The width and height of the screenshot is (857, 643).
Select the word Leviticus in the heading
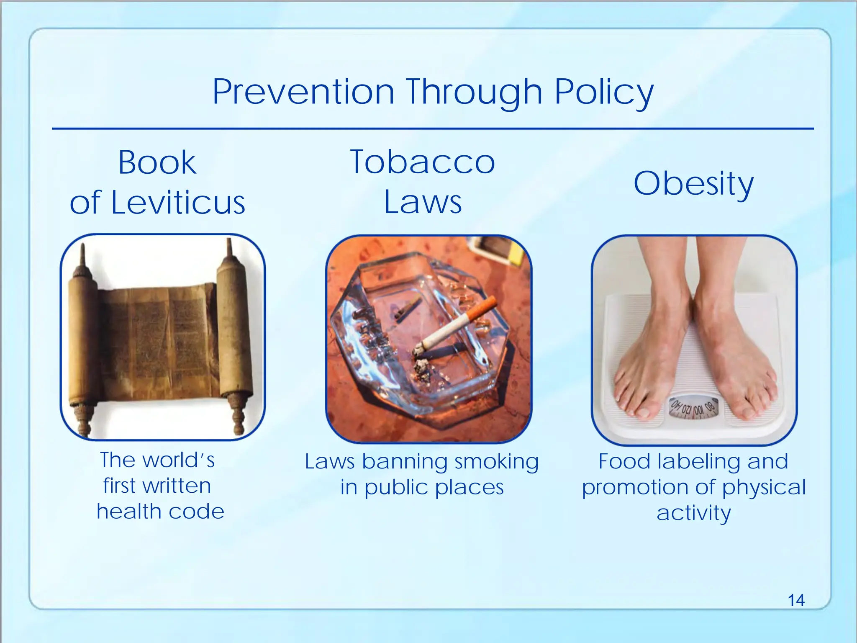(x=178, y=203)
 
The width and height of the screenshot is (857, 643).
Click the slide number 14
(x=796, y=600)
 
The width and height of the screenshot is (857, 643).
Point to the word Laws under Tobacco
(x=423, y=203)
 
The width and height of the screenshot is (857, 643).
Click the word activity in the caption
(x=693, y=513)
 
